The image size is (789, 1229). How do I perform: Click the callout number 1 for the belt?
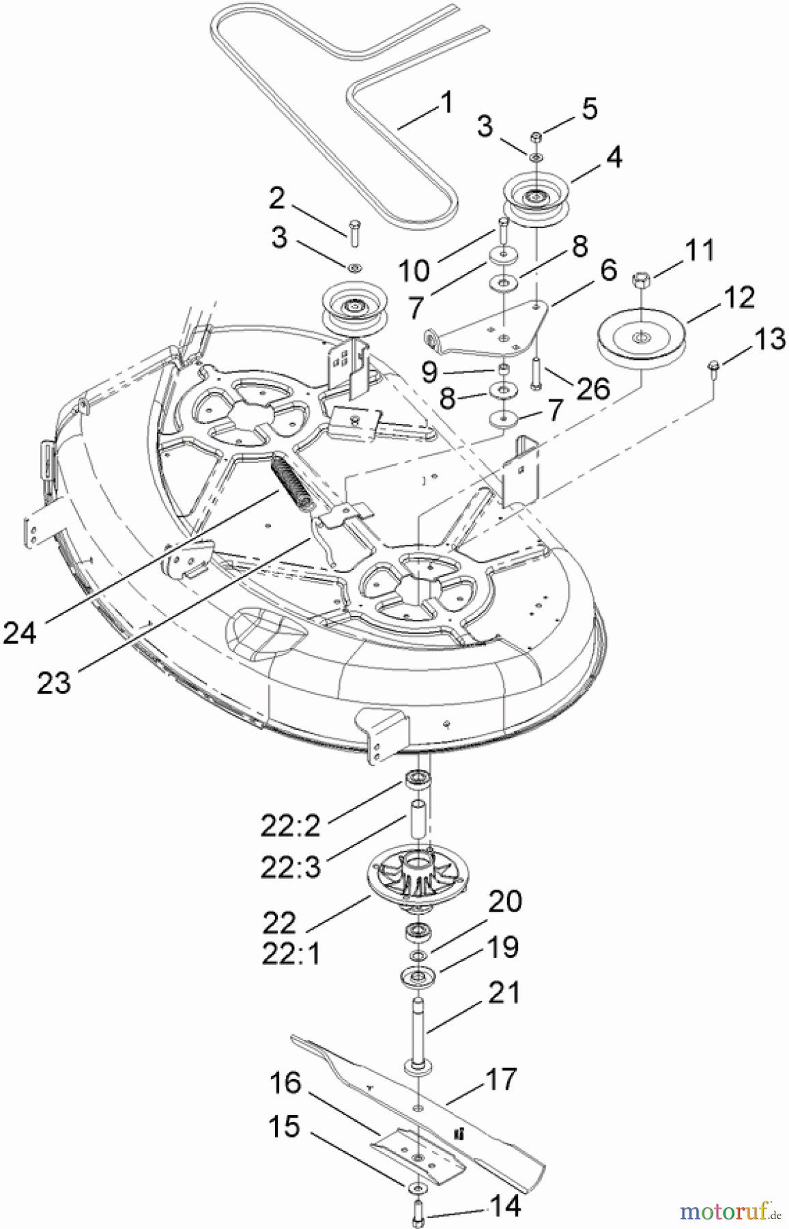446,103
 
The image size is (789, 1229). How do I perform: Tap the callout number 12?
739,298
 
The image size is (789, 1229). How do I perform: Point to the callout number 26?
592,389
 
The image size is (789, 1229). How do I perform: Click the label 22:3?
290,867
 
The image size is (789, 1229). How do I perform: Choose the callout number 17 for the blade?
500,1079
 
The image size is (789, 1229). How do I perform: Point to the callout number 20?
505,901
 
